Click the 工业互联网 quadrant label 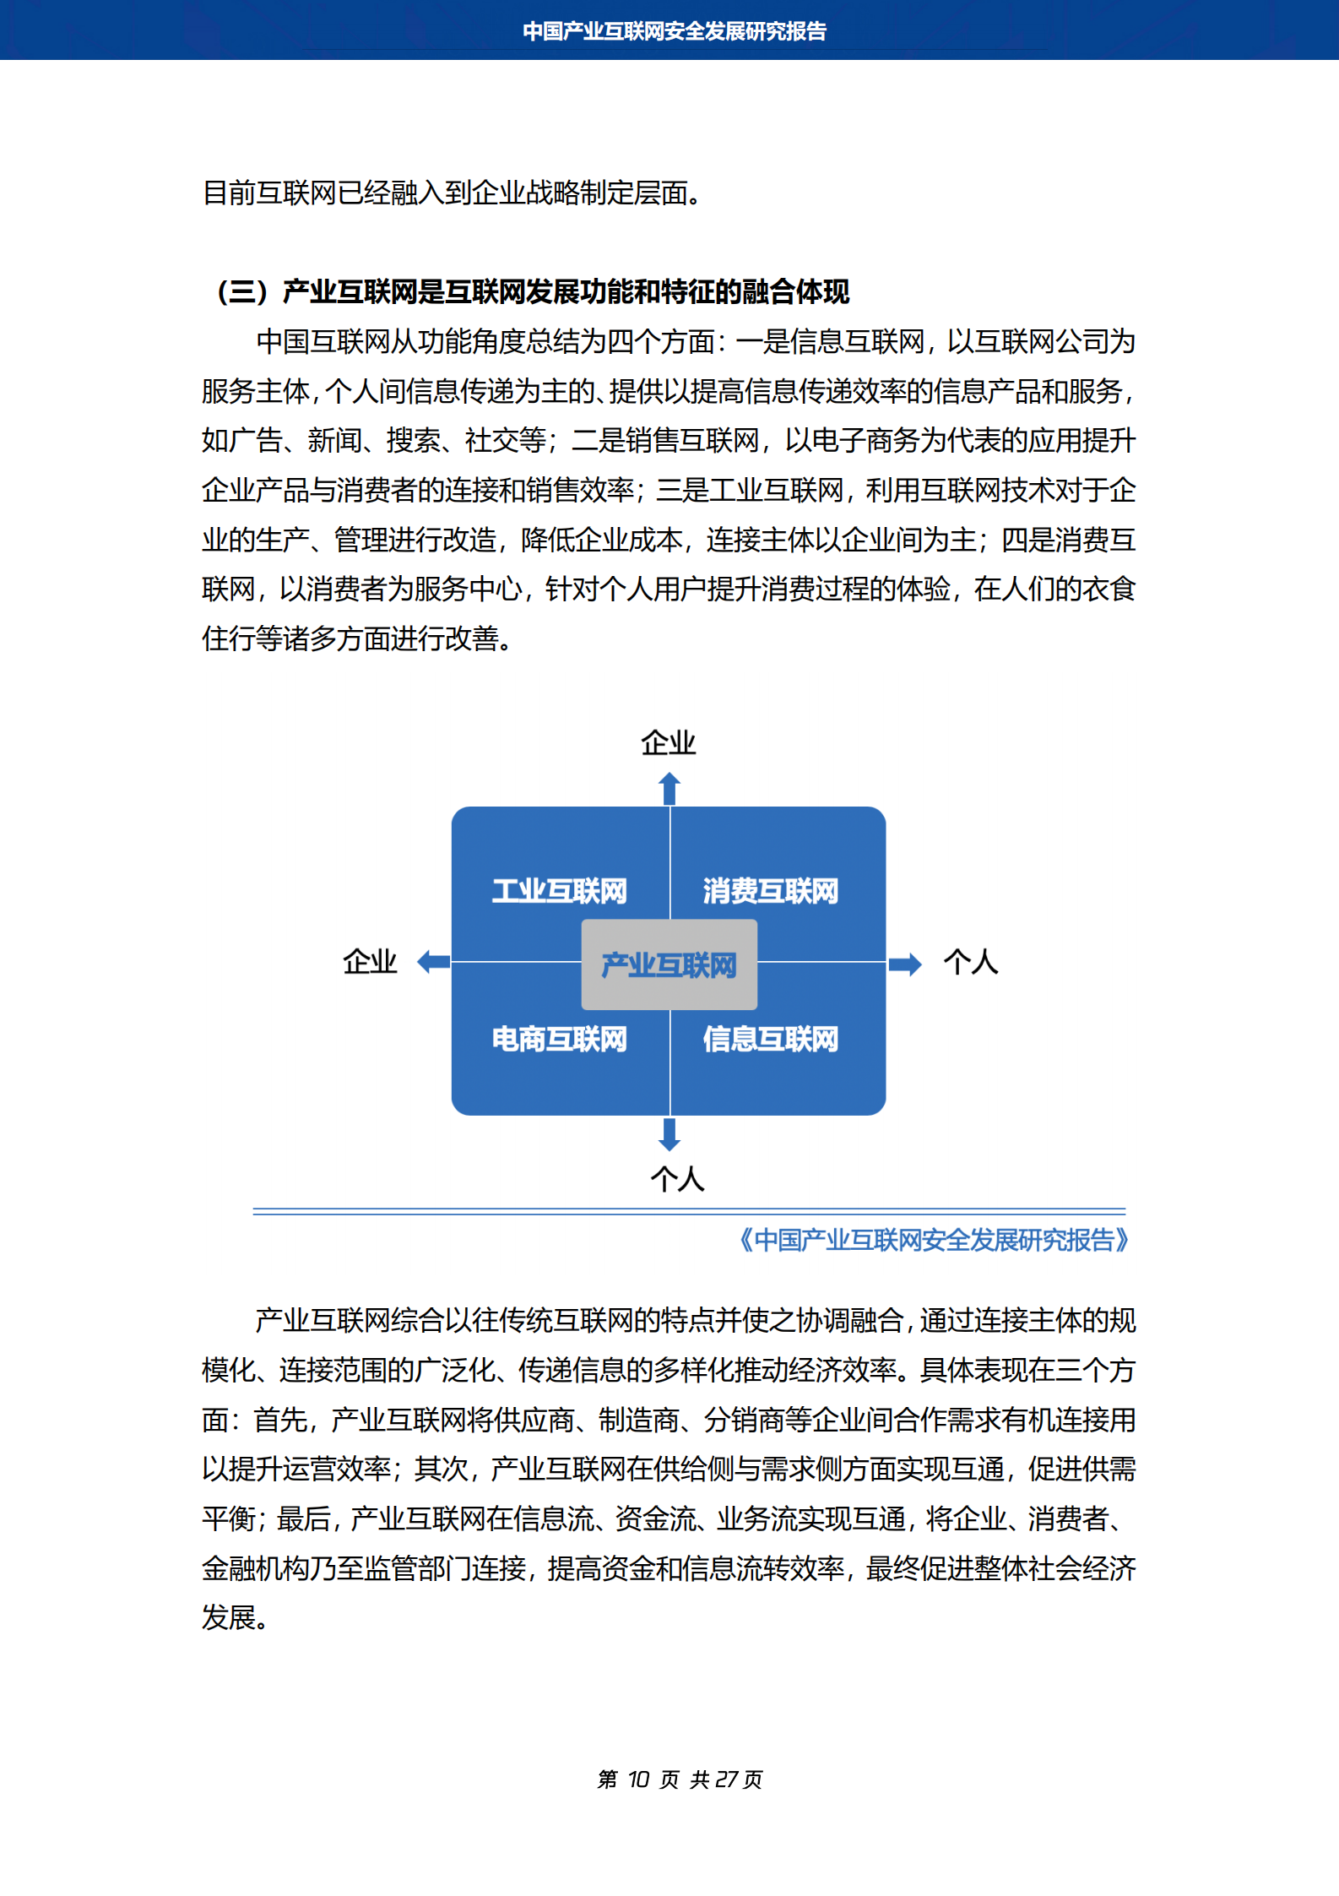coord(560,891)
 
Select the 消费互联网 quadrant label coord(770,891)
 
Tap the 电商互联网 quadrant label coord(560,1039)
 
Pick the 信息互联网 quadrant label coord(770,1039)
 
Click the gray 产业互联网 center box coord(669,964)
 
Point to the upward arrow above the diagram coord(669,788)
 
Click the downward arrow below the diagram coord(669,1134)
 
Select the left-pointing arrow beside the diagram coord(434,961)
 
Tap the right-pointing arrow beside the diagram coord(904,964)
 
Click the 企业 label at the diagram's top coord(668,743)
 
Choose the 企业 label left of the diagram coord(370,962)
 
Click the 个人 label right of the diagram coord(971,962)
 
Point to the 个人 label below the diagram coord(677,1179)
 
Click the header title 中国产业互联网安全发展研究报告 coord(674,31)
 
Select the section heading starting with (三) coord(533,292)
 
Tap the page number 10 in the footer coord(639,1779)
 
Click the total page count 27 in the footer coord(726,1779)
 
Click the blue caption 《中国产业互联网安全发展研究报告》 coord(934,1240)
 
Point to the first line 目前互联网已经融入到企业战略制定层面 coord(452,193)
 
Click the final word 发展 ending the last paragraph coord(229,1617)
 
